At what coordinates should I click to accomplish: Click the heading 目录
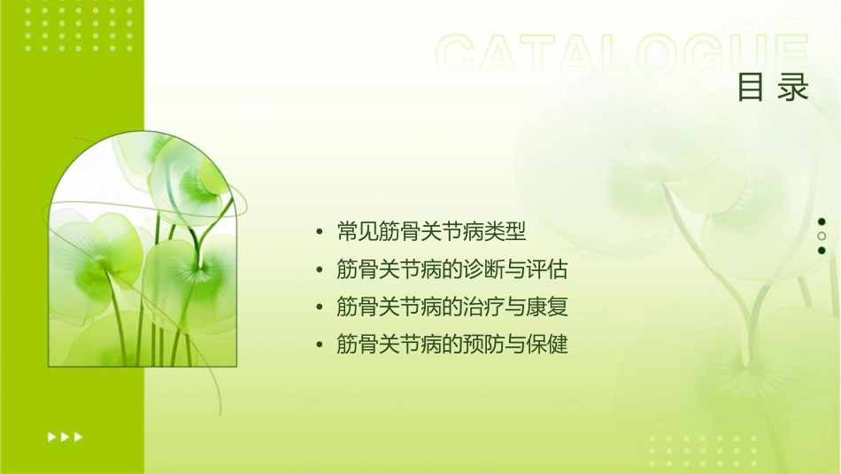click(774, 88)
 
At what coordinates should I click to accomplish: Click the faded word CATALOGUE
click(622, 55)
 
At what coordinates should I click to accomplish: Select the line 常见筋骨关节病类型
click(432, 233)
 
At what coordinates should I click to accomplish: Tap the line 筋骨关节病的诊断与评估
click(451, 270)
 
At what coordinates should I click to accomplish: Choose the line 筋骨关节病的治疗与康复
click(451, 307)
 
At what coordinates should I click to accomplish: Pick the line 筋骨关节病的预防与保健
click(451, 345)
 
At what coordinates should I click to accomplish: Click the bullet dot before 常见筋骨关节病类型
click(319, 233)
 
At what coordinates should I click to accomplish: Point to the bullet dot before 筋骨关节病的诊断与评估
click(319, 270)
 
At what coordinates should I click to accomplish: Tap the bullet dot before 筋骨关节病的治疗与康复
click(319, 307)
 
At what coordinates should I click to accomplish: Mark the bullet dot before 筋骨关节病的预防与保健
click(319, 345)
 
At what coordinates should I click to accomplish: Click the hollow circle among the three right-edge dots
click(822, 237)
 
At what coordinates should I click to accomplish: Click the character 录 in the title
click(794, 88)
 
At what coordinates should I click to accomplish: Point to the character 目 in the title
click(752, 88)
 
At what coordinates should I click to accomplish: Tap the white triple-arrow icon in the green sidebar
click(65, 436)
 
